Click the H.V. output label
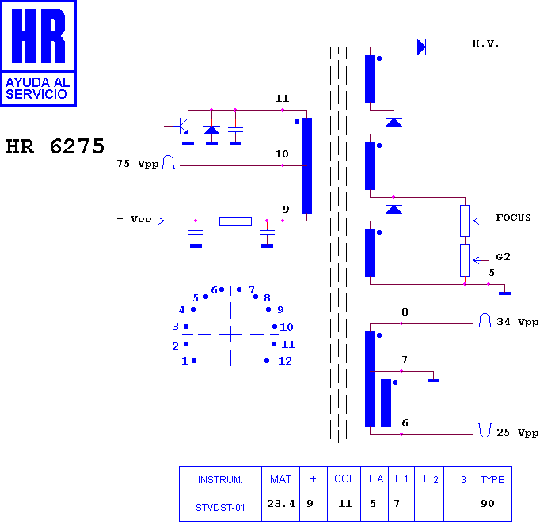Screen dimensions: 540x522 pyautogui.click(x=485, y=43)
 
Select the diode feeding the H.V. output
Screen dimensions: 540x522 pyautogui.click(x=421, y=47)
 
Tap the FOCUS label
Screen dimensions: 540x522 pyautogui.click(x=513, y=217)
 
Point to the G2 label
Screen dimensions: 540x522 pyautogui.click(x=503, y=257)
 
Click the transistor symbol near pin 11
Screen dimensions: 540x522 pyautogui.click(x=184, y=127)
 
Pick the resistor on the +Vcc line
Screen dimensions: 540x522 pyautogui.click(x=236, y=221)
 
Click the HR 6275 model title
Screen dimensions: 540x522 pyautogui.click(x=55, y=146)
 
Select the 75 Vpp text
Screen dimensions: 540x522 pyautogui.click(x=138, y=164)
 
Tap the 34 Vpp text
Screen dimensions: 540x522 pyautogui.click(x=517, y=323)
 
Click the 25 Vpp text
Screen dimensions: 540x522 pyautogui.click(x=517, y=433)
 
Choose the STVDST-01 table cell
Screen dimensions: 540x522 pyautogui.click(x=220, y=507)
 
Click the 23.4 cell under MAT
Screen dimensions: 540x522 pyautogui.click(x=281, y=504)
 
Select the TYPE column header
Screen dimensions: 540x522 pyautogui.click(x=492, y=479)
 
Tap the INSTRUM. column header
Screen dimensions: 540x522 pyautogui.click(x=220, y=479)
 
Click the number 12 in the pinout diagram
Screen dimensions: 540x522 pyautogui.click(x=285, y=361)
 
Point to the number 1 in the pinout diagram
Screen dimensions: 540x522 pyautogui.click(x=185, y=361)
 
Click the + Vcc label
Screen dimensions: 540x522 pyautogui.click(x=135, y=219)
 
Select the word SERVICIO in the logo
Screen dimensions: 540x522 pyautogui.click(x=36, y=94)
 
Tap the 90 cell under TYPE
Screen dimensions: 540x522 pyautogui.click(x=488, y=504)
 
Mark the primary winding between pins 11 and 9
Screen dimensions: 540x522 pyautogui.click(x=307, y=165)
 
